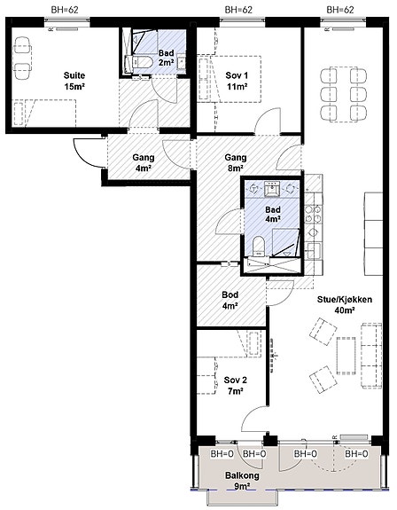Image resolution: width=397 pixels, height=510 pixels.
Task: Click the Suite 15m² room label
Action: tap(74, 81)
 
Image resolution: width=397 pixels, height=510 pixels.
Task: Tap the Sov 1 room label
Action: tap(237, 81)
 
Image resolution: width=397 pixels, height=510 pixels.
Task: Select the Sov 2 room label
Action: tap(236, 386)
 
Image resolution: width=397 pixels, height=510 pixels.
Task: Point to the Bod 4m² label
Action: tap(230, 300)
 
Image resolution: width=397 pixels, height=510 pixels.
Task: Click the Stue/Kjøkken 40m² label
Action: tap(345, 305)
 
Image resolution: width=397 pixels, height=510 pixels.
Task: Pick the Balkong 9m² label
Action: tap(242, 481)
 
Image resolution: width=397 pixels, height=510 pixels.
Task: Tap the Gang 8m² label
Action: tap(236, 162)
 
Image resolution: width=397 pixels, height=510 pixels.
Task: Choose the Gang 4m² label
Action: tap(144, 162)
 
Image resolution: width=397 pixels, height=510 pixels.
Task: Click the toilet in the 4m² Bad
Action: tap(259, 247)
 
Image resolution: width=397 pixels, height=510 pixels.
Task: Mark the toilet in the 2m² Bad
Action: tap(139, 62)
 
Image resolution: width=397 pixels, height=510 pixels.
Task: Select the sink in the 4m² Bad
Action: tap(271, 189)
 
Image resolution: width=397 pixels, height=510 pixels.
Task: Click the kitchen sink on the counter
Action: tap(313, 251)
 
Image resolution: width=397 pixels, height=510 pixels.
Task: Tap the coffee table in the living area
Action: tap(346, 356)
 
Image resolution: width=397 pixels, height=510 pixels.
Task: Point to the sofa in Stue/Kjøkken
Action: tap(371, 355)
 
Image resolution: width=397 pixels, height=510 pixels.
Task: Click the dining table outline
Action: tap(344, 94)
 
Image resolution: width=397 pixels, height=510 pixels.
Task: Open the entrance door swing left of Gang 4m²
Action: tap(88, 153)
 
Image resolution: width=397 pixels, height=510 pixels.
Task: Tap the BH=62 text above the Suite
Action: tap(65, 10)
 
